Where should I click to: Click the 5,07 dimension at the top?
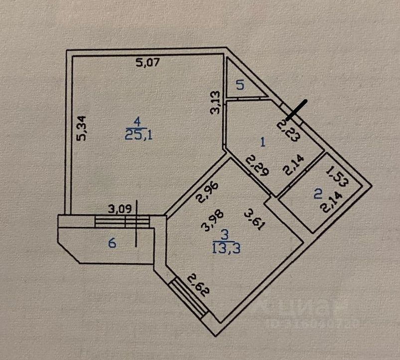point(147,63)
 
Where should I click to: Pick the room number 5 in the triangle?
point(240,85)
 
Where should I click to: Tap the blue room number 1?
point(264,142)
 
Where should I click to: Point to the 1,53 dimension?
point(337,178)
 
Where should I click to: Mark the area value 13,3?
point(227,248)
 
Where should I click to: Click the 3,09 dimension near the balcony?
point(121,209)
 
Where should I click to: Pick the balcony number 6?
point(113,243)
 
